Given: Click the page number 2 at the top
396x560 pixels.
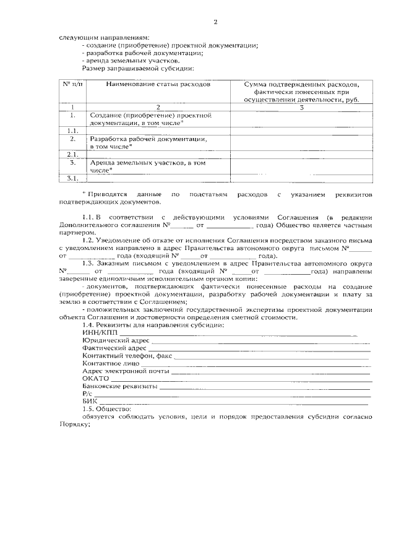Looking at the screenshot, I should [x=215, y=23].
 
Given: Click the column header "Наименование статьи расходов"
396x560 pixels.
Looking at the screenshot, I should [x=158, y=84].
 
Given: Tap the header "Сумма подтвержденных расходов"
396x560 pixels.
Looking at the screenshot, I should [x=301, y=84].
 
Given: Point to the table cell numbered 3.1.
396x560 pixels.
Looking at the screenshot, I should [x=73, y=178].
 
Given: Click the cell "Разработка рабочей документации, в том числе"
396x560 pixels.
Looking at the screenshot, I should [x=148, y=143].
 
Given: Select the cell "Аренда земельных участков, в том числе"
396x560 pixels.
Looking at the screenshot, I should [x=148, y=166].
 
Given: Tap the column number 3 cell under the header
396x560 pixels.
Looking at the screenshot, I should [x=301, y=108].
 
